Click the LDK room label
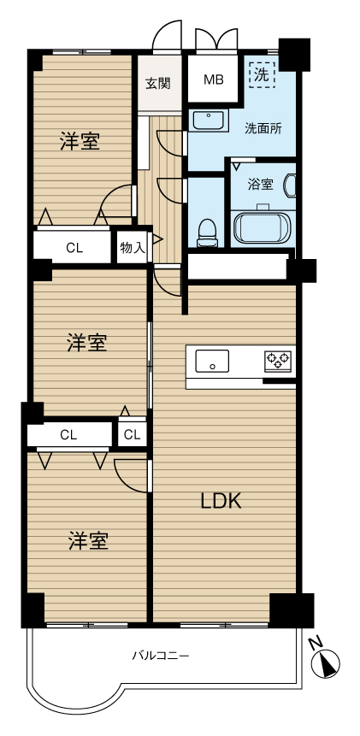click(x=221, y=502)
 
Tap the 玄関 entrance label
click(x=157, y=84)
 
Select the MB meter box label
click(x=214, y=79)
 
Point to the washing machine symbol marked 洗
click(x=262, y=75)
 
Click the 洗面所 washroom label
click(x=263, y=128)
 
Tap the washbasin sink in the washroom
click(x=209, y=121)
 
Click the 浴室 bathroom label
click(x=261, y=185)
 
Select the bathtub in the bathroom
click(x=263, y=227)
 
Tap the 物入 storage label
click(x=133, y=248)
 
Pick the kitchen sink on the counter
click(x=212, y=362)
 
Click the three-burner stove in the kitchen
click(x=278, y=362)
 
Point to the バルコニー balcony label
click(x=161, y=656)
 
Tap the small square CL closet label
click(x=132, y=435)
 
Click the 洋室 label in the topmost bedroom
click(x=80, y=141)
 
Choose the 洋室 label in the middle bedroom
click(x=87, y=343)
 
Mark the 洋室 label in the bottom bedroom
click(x=89, y=541)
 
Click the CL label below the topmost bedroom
click(x=74, y=248)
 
